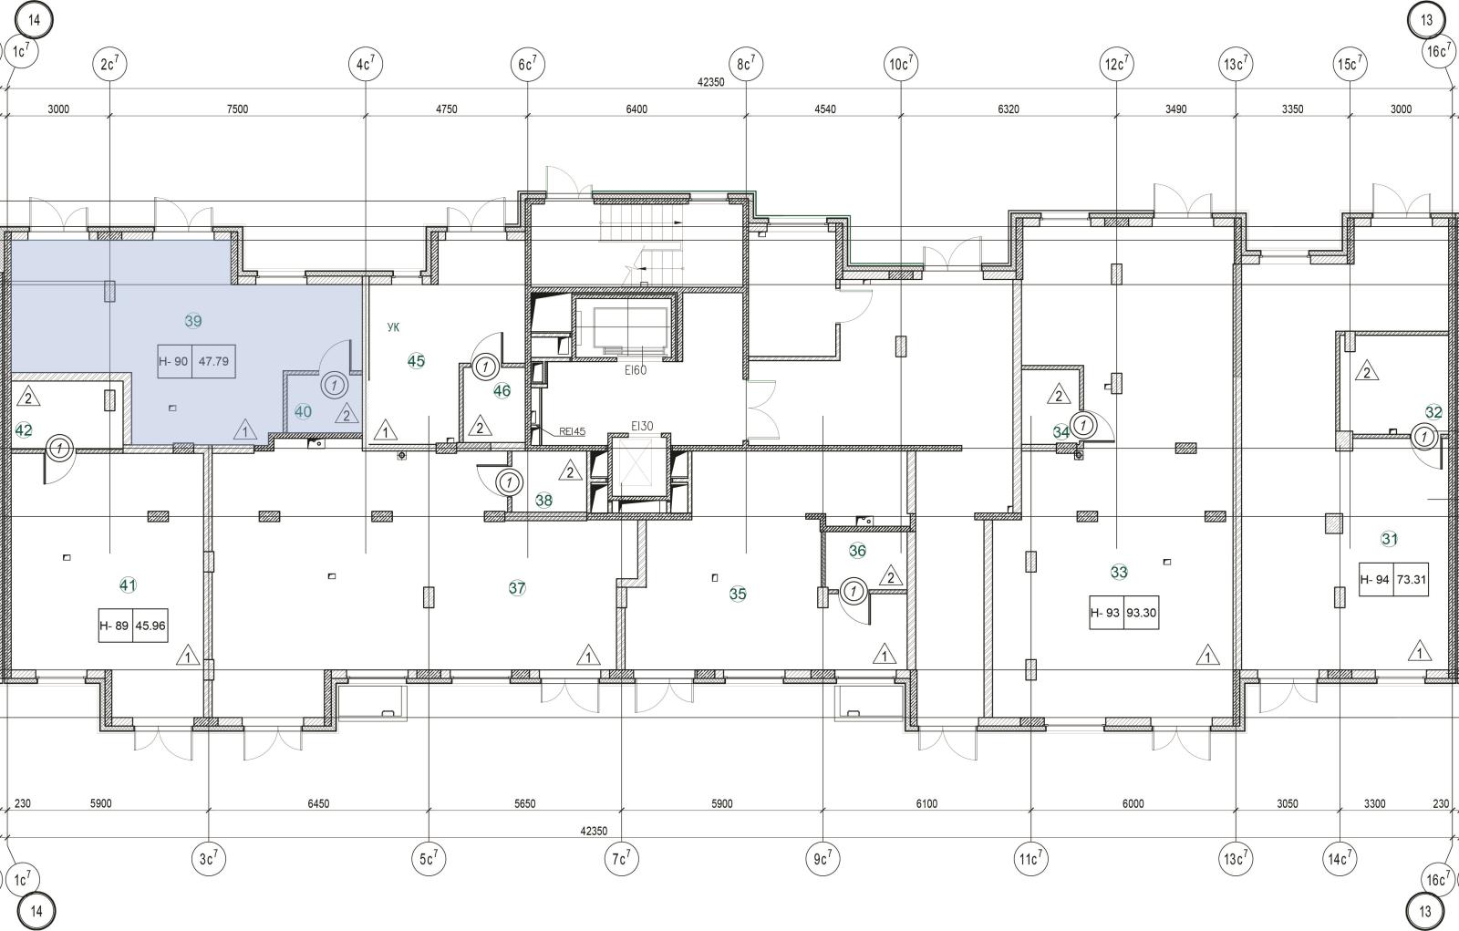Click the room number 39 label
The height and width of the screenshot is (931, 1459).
[x=192, y=321]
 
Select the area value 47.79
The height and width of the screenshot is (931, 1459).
[x=213, y=361]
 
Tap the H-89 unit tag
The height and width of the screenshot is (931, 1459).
[x=114, y=626]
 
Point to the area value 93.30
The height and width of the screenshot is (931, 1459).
[x=1141, y=613]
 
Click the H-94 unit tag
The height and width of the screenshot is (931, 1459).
[x=1375, y=579]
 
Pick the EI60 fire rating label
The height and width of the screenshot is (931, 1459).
[x=635, y=370]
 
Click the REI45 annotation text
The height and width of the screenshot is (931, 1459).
[x=572, y=431]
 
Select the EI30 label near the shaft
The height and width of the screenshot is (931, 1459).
[x=642, y=426]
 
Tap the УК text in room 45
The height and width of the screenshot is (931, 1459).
[x=393, y=327]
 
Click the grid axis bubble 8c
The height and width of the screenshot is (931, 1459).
[x=746, y=64]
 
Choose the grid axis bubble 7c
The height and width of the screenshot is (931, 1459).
[x=621, y=859]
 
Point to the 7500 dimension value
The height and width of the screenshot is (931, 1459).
[x=237, y=109]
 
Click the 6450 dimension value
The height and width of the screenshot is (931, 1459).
[x=318, y=803]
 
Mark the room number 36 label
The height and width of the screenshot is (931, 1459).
[x=857, y=551]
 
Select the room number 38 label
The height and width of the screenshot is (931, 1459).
[x=543, y=500]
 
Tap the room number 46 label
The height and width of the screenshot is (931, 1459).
[x=502, y=391]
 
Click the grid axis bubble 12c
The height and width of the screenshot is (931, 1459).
[x=1116, y=64]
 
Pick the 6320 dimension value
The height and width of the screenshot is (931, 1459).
[x=1009, y=109]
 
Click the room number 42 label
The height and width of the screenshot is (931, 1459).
[x=24, y=430]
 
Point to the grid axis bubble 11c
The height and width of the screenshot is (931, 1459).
[x=1030, y=859]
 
